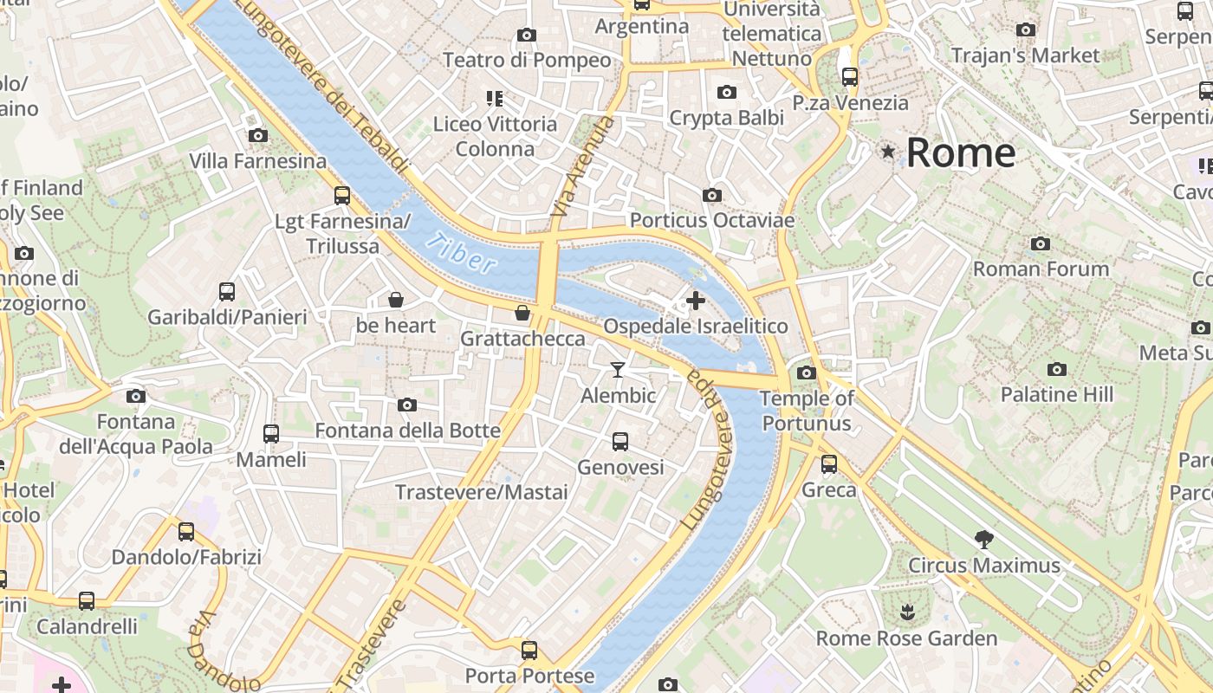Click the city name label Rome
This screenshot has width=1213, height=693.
click(x=960, y=153)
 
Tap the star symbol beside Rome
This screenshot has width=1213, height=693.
click(x=887, y=152)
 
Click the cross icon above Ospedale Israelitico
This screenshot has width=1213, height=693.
click(x=695, y=301)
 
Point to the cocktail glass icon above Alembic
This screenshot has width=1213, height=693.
click(x=617, y=370)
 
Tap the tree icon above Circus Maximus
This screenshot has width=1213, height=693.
click(x=983, y=540)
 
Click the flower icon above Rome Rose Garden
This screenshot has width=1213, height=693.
click(x=906, y=612)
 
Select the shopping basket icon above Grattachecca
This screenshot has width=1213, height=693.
click(x=522, y=312)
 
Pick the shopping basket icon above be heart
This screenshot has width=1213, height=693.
click(x=396, y=300)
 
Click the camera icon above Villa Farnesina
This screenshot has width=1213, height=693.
click(x=257, y=135)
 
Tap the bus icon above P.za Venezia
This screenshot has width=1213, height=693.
click(x=850, y=76)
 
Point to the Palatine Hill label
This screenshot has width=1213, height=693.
click(x=1056, y=395)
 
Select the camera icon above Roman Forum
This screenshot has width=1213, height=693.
click(x=1041, y=243)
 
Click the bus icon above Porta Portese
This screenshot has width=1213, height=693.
click(x=529, y=650)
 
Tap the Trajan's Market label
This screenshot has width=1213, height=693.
click(x=1025, y=55)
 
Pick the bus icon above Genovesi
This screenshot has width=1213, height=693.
click(x=620, y=442)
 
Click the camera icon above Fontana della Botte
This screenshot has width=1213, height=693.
click(x=407, y=405)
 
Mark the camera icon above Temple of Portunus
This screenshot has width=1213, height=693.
click(x=807, y=372)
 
